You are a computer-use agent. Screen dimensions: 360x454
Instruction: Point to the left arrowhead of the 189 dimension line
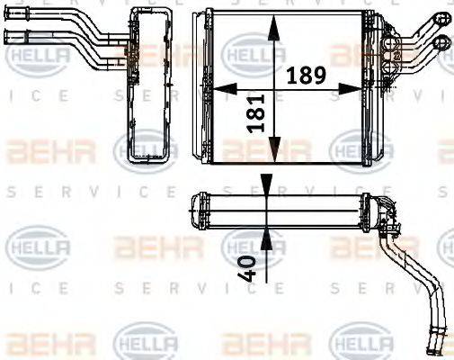216,88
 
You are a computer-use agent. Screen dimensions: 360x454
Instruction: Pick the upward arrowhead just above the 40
266,236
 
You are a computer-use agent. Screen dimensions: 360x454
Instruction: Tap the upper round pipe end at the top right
441,18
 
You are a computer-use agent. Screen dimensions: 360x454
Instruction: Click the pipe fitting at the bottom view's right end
387,212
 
